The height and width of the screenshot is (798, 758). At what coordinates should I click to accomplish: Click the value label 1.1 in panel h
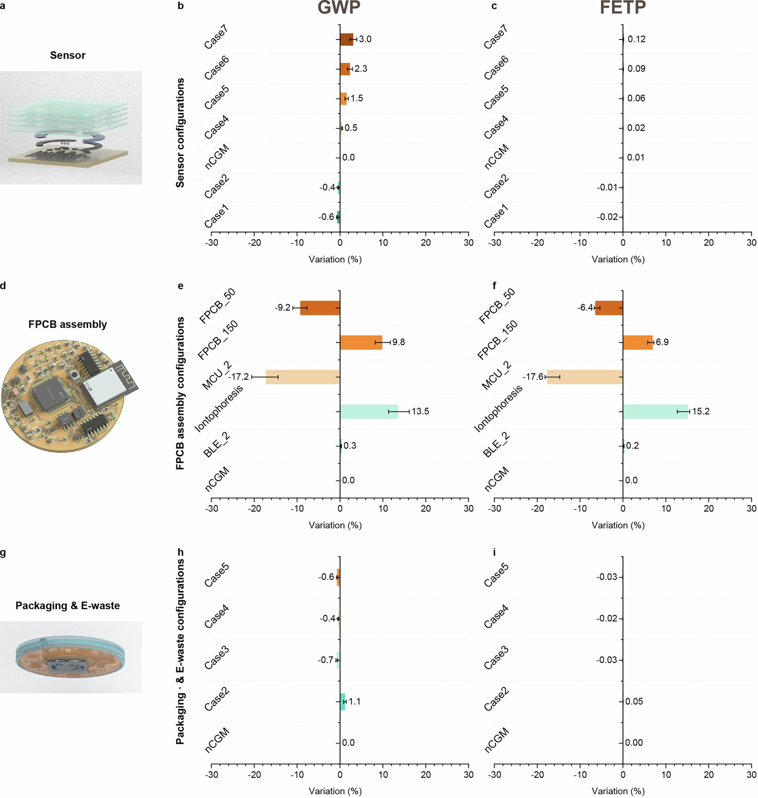pos(354,701)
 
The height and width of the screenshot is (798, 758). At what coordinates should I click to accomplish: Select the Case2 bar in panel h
pos(342,701)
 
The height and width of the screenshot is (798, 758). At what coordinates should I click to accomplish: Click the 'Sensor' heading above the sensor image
pos(67,55)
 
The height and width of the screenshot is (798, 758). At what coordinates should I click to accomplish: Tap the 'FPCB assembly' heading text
pos(67,324)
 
